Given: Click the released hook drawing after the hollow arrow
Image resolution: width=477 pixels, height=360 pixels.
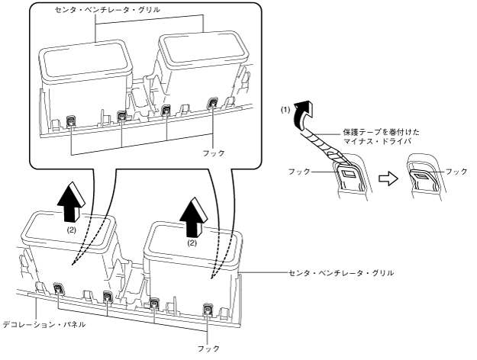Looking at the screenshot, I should [421, 178].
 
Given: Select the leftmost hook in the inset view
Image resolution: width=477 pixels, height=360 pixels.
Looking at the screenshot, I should [71, 119].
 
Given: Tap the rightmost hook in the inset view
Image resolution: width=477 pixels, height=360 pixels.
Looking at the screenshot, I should [213, 103].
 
